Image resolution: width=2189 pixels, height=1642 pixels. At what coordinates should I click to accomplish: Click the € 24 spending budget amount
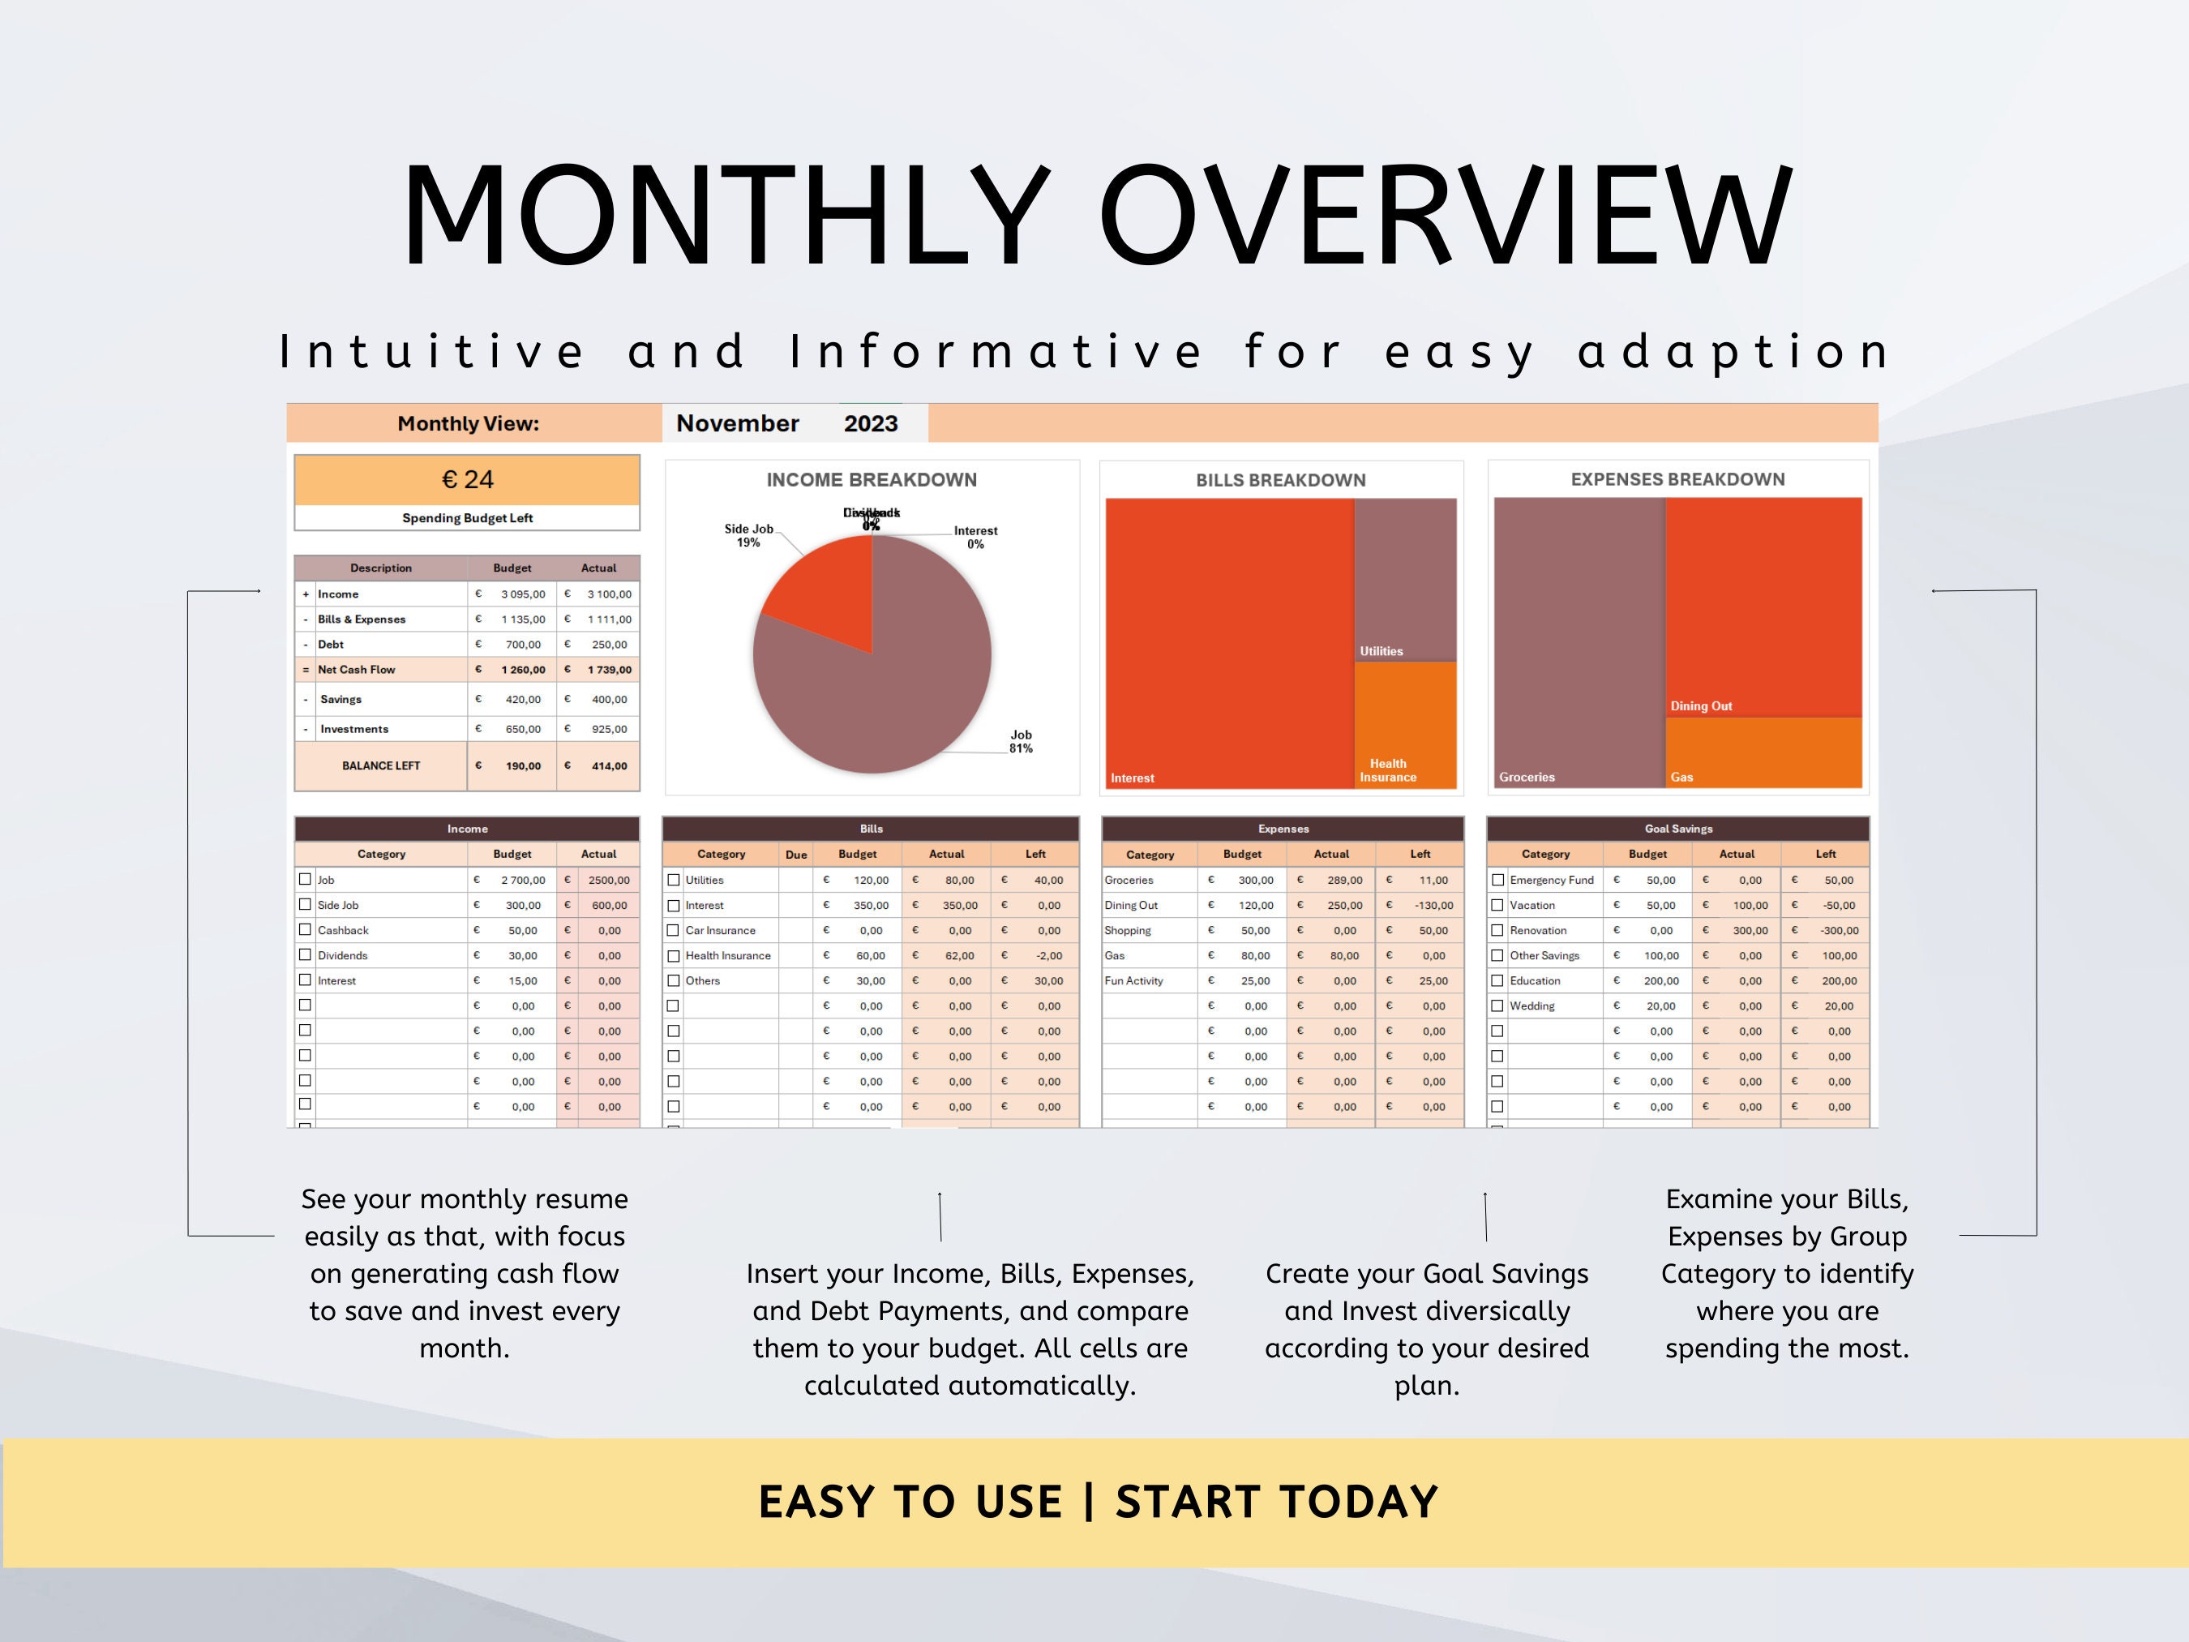(x=467, y=480)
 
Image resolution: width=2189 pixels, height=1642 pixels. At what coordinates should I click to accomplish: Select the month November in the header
(x=737, y=423)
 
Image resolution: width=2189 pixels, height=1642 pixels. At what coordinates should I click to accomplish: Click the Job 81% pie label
(x=1020, y=741)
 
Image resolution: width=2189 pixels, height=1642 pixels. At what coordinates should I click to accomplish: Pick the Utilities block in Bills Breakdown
(x=1404, y=579)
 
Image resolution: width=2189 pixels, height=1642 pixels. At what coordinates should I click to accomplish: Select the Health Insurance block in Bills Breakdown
(x=1404, y=724)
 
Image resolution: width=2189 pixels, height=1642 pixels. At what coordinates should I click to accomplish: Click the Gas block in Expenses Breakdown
(x=1763, y=752)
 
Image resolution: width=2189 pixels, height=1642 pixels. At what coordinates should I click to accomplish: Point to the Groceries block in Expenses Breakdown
(x=1579, y=643)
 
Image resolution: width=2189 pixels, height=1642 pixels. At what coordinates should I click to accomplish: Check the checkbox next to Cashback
(x=305, y=930)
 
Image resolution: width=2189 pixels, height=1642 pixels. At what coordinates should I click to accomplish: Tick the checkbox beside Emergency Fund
(x=1497, y=880)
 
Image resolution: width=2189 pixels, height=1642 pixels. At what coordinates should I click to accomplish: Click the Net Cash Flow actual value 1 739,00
(x=609, y=670)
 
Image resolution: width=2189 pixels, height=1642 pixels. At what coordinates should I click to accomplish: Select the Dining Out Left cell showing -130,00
(x=1433, y=906)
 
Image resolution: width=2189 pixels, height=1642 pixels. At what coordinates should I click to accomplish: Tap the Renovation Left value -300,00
(x=1839, y=930)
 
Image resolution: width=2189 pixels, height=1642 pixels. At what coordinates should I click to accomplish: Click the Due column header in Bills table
(x=795, y=854)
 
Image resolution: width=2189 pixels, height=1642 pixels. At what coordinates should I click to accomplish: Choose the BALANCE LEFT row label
(x=381, y=766)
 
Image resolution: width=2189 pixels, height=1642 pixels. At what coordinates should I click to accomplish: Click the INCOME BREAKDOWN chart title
(x=871, y=480)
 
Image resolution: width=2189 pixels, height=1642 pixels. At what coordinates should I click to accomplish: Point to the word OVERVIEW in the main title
(x=1444, y=216)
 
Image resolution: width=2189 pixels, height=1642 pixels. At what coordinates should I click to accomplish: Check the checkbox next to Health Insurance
(x=673, y=956)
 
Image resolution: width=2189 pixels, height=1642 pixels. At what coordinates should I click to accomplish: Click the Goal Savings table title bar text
(x=1678, y=830)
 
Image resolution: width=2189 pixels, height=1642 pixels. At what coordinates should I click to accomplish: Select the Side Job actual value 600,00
(x=609, y=906)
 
